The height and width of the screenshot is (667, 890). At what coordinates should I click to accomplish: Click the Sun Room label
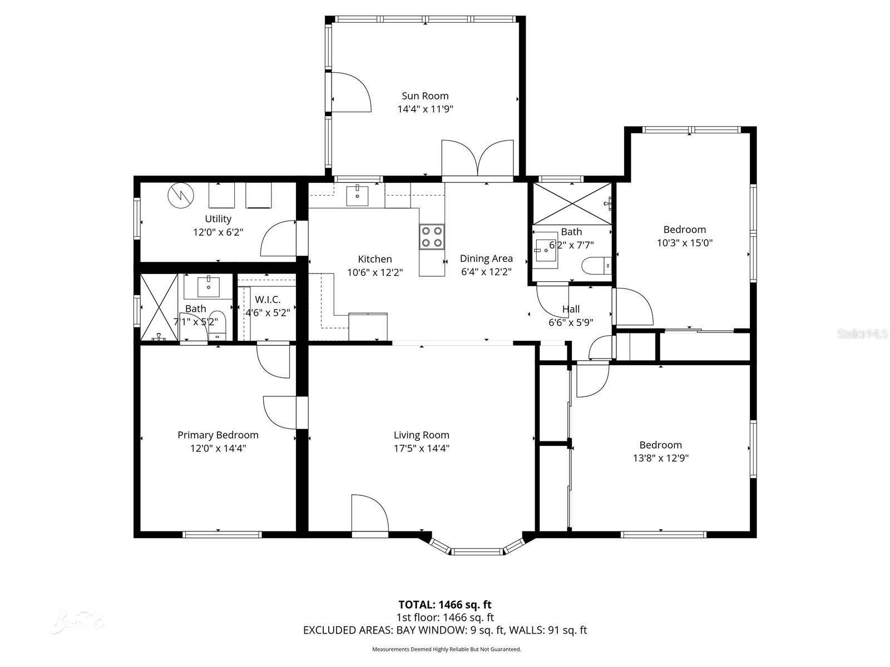425,96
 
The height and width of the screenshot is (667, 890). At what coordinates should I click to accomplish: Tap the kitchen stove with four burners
432,237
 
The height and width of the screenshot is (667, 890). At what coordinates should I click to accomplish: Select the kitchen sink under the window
357,196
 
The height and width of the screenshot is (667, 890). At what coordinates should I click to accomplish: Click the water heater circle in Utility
180,195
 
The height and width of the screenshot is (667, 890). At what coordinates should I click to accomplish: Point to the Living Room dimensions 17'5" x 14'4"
421,448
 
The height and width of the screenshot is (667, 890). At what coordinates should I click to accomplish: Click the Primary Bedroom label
217,435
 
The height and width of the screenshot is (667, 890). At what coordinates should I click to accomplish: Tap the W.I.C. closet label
268,300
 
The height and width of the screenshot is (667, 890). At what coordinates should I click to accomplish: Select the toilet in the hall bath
595,266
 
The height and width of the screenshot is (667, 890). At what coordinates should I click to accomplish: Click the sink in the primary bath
209,287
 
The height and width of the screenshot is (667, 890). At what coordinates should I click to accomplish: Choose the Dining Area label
486,258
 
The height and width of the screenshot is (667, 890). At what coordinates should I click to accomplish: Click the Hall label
571,309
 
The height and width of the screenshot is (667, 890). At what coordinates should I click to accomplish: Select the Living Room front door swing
369,514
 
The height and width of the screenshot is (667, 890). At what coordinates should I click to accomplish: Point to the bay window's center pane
476,551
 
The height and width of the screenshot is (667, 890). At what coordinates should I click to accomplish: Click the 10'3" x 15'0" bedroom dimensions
684,243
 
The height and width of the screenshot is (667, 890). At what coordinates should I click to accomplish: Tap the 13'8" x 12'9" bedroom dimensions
660,458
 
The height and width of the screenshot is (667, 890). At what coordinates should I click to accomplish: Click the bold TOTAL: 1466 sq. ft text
444,604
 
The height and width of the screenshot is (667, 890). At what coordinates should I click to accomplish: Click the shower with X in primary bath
159,307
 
